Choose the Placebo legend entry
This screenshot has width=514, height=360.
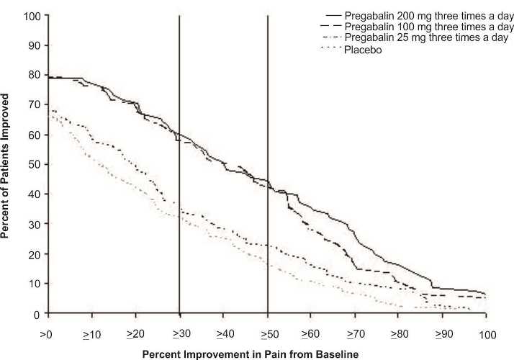pyautogui.click(x=364, y=49)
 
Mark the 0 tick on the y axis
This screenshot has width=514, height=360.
pyautogui.click(x=34, y=314)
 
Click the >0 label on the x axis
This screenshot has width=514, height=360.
pyautogui.click(x=47, y=335)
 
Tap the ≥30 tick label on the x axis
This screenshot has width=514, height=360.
pyautogui.click(x=179, y=335)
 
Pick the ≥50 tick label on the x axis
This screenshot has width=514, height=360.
pyautogui.click(x=267, y=335)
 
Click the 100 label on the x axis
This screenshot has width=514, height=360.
pyautogui.click(x=487, y=335)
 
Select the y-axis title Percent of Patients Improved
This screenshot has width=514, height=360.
pyautogui.click(x=9, y=164)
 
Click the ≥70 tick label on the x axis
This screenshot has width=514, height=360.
pyautogui.click(x=356, y=335)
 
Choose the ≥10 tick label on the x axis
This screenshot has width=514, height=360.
pyautogui.click(x=91, y=335)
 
